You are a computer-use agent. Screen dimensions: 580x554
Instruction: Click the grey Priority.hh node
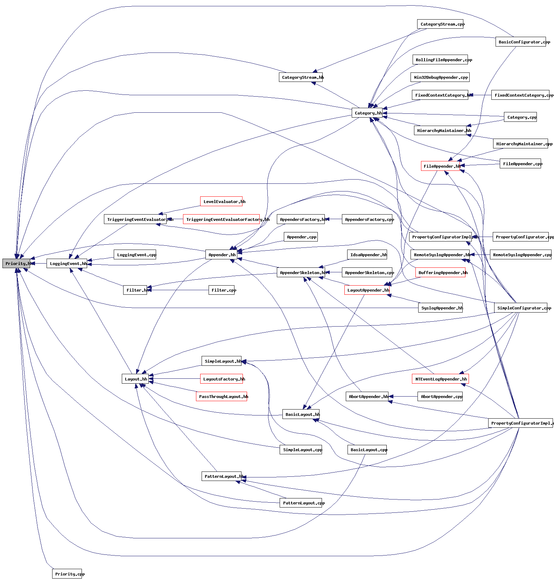coord(16,264)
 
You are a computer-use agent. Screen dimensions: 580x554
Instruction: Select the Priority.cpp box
coord(67,574)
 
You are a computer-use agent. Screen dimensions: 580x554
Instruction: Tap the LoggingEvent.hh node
coord(67,264)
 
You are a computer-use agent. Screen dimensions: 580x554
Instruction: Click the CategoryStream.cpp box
coord(440,24)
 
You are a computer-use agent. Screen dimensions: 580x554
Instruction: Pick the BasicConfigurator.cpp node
coord(520,42)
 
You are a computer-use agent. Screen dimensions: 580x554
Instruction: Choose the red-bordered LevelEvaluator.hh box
coord(221,202)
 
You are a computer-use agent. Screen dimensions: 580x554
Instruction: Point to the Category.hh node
coord(367,113)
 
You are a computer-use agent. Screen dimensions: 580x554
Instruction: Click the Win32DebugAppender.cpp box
coord(440,77)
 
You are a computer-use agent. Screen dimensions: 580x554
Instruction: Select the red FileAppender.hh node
coord(440,166)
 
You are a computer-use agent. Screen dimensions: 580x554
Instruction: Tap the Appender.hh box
coord(221,255)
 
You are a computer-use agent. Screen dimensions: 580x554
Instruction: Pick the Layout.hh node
coord(135,379)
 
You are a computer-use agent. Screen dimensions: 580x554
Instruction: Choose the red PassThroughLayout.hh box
coord(222,397)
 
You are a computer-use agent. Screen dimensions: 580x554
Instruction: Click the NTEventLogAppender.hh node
coord(440,379)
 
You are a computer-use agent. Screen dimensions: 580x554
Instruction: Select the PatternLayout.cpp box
coord(301,503)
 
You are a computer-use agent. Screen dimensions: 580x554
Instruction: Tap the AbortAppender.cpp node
coord(440,397)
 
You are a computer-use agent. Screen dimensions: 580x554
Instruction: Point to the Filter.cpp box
coord(222,290)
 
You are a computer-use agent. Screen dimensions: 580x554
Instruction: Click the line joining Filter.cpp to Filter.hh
coord(178,290)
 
